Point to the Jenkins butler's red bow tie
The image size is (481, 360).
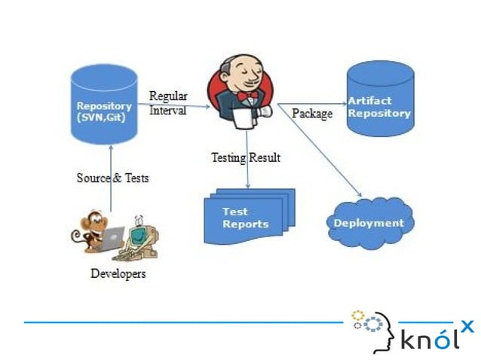pyautogui.click(x=246, y=96)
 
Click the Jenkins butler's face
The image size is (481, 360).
pyautogui.click(x=246, y=74)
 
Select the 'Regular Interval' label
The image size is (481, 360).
pyautogui.click(x=168, y=103)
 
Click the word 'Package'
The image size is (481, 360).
pyautogui.click(x=311, y=114)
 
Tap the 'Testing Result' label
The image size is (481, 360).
pyautogui.click(x=245, y=157)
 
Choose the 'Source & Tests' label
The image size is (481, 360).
pyautogui.click(x=112, y=178)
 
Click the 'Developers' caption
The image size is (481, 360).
pyautogui.click(x=118, y=273)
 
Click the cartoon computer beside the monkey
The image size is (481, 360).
pyautogui.click(x=140, y=238)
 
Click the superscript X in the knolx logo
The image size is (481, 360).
pyautogui.click(x=467, y=325)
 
